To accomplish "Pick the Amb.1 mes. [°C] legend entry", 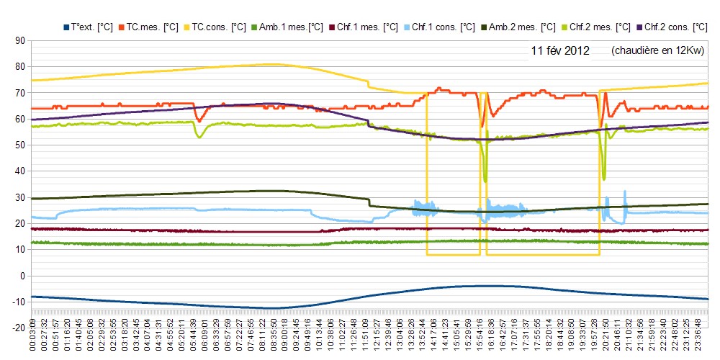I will (289, 27).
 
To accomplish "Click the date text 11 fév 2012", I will (560, 51).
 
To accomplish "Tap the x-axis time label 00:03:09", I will (32, 343).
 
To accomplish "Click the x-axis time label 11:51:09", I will (366, 343).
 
